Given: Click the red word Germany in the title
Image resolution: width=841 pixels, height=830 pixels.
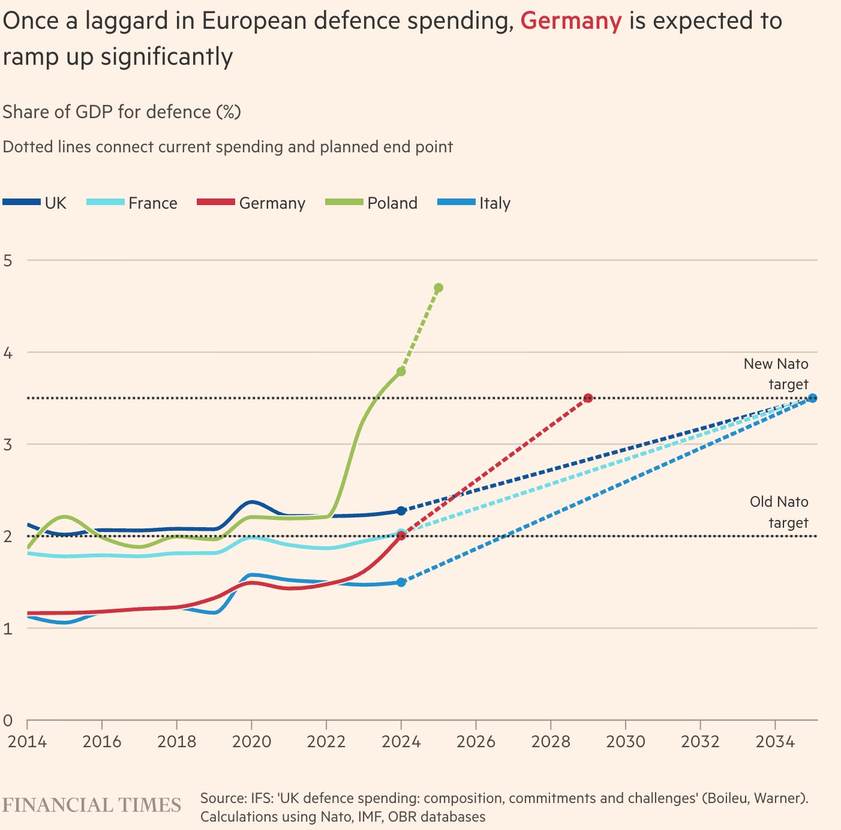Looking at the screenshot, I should click(570, 22).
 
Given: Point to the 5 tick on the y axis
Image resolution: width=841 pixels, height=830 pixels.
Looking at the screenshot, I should click(8, 260).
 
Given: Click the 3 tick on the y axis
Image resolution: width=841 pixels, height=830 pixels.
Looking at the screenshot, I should click(8, 444).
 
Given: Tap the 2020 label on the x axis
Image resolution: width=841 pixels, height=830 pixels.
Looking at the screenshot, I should click(251, 742).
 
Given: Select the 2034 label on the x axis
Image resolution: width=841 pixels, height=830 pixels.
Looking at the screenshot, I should click(775, 742).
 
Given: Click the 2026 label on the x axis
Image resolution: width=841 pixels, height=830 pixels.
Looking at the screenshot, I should click(476, 742).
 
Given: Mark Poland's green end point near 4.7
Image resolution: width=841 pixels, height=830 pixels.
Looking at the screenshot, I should click(438, 288).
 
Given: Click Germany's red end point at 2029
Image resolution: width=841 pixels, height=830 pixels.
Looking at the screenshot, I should click(588, 398).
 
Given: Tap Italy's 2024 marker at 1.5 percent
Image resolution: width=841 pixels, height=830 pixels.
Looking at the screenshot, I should click(401, 582).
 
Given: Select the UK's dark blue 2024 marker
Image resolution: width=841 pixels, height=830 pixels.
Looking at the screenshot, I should click(401, 511).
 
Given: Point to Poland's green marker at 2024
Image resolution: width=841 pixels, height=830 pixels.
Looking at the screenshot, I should click(401, 372).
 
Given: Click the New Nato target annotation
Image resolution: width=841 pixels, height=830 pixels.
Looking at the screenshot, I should click(776, 374).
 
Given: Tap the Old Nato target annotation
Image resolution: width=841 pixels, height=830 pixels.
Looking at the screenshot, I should click(779, 512).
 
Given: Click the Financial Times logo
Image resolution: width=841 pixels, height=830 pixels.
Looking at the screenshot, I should click(92, 804).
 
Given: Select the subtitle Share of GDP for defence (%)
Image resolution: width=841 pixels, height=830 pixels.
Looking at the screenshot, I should click(122, 112).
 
